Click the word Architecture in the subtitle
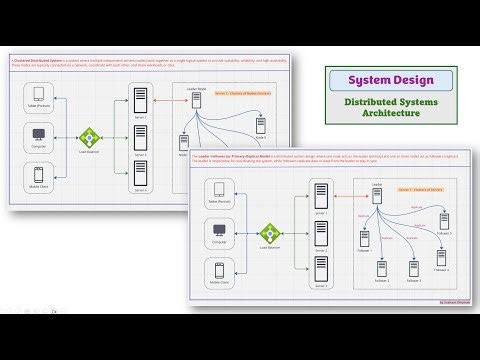click(391, 113)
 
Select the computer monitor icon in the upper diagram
click(39, 134)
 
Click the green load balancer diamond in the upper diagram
click(91, 136)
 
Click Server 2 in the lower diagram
click(320, 231)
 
